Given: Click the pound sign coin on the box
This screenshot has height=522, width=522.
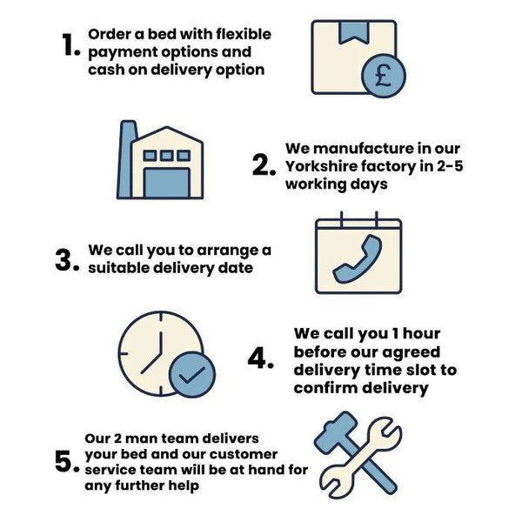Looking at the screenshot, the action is (x=384, y=76).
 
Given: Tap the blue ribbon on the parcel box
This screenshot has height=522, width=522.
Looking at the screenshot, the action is (x=353, y=33).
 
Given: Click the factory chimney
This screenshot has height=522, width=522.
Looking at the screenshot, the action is (x=127, y=159).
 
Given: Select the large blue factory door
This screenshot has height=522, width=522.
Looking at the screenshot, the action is (x=167, y=183).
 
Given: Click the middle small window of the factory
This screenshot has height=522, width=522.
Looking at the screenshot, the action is (x=167, y=155).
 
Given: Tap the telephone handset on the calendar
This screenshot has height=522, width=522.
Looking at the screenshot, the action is (x=358, y=259).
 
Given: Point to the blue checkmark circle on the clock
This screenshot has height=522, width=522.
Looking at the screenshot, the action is (x=192, y=374).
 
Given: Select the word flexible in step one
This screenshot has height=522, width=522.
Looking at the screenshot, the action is (x=244, y=34).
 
